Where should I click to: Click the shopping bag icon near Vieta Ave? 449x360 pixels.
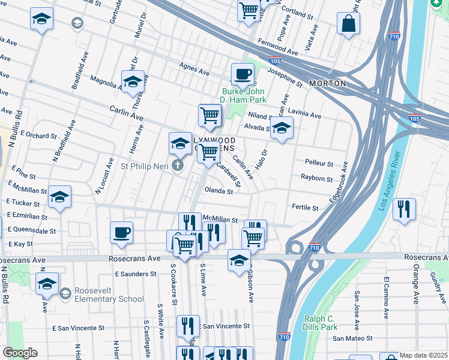(349, 24)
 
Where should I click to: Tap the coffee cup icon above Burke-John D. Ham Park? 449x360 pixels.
(243, 74)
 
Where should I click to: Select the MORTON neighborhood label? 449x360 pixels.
(327, 83)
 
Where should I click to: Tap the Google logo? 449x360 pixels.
(20, 353)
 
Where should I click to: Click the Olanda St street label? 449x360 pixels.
(219, 191)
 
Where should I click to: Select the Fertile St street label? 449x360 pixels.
(305, 208)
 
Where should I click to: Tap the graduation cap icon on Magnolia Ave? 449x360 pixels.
(133, 82)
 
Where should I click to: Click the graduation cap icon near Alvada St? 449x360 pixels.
(281, 127)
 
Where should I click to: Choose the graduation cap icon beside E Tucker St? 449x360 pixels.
(59, 197)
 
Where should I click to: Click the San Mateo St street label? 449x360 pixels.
(354, 338)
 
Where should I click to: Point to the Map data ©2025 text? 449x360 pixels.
(423, 355)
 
